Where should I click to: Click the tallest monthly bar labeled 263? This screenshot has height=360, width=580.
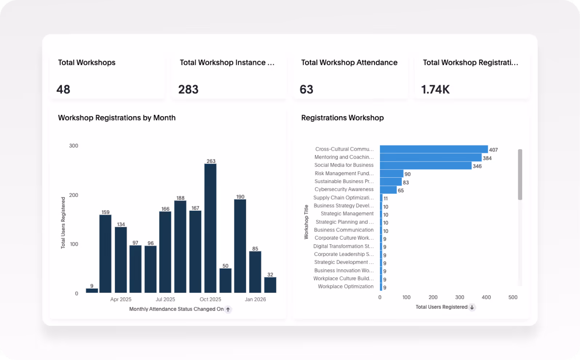point(210,228)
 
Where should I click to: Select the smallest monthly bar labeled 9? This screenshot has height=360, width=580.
point(92,290)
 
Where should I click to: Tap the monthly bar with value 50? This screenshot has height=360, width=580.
point(225,280)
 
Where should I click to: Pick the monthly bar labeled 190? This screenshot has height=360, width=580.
point(240,246)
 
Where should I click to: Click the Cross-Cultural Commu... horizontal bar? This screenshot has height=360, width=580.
point(434,149)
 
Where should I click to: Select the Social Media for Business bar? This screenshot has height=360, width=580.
point(426,166)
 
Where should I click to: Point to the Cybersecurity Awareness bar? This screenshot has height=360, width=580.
point(388,190)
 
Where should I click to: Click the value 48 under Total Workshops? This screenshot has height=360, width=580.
point(63,90)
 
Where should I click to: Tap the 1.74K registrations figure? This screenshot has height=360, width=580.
point(435,90)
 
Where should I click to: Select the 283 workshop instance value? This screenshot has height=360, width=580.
point(188,90)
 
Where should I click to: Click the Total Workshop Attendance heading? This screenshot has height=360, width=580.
point(349,63)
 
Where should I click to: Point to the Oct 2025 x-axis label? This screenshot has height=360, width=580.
point(210,299)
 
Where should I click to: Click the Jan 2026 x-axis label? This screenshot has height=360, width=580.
point(255,299)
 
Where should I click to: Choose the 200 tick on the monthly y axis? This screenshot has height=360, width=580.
point(74,195)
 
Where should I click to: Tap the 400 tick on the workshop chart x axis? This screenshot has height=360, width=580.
point(486,297)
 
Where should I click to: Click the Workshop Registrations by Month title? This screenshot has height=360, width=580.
point(117,118)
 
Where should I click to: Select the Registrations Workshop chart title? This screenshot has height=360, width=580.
point(342,118)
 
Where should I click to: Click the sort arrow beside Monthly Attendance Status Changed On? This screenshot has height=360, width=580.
point(228,309)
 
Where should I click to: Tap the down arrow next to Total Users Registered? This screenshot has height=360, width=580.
point(472,307)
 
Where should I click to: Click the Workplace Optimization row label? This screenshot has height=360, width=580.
point(346,286)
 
